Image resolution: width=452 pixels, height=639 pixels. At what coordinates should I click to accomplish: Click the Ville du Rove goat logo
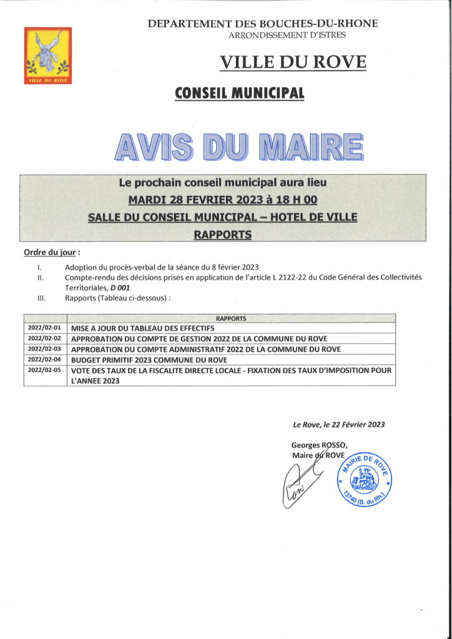click(x=47, y=56)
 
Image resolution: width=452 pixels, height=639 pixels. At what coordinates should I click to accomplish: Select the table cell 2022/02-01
click(x=44, y=328)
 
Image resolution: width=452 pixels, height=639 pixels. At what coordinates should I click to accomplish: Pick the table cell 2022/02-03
click(x=44, y=349)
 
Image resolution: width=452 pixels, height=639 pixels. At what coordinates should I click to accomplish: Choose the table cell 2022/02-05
click(x=44, y=370)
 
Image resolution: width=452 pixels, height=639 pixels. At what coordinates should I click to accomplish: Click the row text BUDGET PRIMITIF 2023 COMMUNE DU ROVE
click(x=149, y=360)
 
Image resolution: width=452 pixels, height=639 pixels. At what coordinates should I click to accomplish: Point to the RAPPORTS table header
click(x=231, y=318)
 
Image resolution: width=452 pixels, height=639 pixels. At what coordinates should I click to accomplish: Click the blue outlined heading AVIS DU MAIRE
click(x=239, y=145)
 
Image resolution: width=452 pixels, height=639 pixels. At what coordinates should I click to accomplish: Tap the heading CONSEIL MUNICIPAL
click(x=240, y=94)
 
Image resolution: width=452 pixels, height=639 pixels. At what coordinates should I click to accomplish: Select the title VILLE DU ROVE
click(x=293, y=62)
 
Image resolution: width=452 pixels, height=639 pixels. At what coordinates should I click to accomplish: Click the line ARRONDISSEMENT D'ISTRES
click(x=287, y=36)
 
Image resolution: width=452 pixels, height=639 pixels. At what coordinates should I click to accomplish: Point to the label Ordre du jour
click(x=51, y=253)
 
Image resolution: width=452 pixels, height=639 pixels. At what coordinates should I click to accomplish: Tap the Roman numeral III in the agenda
click(x=41, y=298)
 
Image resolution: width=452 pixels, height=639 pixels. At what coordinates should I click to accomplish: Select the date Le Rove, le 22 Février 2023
click(x=338, y=424)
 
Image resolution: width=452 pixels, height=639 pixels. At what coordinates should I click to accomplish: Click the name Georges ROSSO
click(x=317, y=445)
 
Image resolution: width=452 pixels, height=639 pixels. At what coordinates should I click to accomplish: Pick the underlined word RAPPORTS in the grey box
click(x=222, y=235)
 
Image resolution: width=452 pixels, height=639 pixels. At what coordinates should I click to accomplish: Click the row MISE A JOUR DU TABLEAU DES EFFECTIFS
click(x=143, y=328)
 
